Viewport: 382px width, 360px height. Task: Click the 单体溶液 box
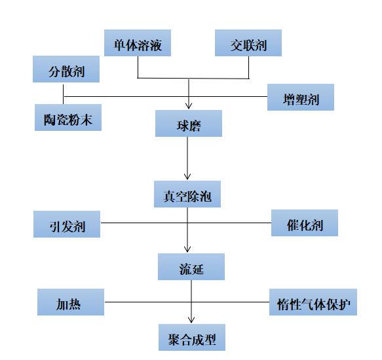[x=138, y=43]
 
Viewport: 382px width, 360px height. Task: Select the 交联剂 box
[x=248, y=43]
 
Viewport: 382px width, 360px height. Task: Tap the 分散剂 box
[x=66, y=69]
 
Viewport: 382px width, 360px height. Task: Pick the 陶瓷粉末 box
[x=68, y=118]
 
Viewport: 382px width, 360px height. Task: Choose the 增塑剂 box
[x=301, y=97]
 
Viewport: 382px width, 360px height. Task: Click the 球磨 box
[x=189, y=124]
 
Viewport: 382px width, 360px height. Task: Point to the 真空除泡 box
[x=187, y=194]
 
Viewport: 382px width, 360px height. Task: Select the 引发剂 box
[x=67, y=224]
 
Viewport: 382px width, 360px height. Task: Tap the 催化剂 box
[x=305, y=223]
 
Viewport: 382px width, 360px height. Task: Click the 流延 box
[x=191, y=267]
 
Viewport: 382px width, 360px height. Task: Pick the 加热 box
[x=71, y=302]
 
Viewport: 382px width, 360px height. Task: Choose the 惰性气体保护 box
[x=313, y=302]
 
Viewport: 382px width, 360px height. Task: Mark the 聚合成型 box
[x=192, y=337]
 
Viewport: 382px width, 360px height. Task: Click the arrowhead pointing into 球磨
[x=189, y=106]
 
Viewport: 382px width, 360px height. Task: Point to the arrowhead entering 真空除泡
[x=187, y=177]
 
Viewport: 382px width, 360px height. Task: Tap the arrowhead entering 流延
[x=187, y=249]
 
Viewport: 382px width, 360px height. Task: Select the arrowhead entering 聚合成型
[x=191, y=320]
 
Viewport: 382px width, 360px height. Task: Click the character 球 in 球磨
[x=183, y=126]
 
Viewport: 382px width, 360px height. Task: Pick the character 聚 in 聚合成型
[x=174, y=340]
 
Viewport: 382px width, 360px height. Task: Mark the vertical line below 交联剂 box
[x=248, y=67]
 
